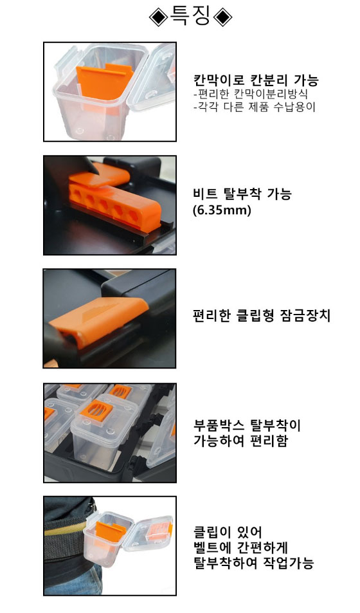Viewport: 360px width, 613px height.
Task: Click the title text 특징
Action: [191, 17]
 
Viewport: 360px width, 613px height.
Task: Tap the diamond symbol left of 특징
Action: [159, 17]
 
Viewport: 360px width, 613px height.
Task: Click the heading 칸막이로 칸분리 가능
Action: [256, 80]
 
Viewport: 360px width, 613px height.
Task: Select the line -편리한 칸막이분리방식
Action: [251, 94]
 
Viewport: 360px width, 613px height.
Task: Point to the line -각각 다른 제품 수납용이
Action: [255, 107]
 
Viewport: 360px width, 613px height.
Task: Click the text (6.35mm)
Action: [222, 210]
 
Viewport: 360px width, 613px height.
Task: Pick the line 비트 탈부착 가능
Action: [242, 194]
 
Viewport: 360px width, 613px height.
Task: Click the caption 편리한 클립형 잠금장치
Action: [262, 315]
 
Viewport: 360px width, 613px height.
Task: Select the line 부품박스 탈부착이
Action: [247, 425]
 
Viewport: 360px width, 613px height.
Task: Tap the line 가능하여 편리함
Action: [241, 441]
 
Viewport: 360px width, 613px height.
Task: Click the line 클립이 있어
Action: [228, 532]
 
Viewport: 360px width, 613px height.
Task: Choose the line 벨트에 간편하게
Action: [241, 547]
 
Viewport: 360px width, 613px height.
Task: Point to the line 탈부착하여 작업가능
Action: [254, 563]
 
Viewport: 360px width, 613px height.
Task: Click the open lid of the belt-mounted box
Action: [150, 530]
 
